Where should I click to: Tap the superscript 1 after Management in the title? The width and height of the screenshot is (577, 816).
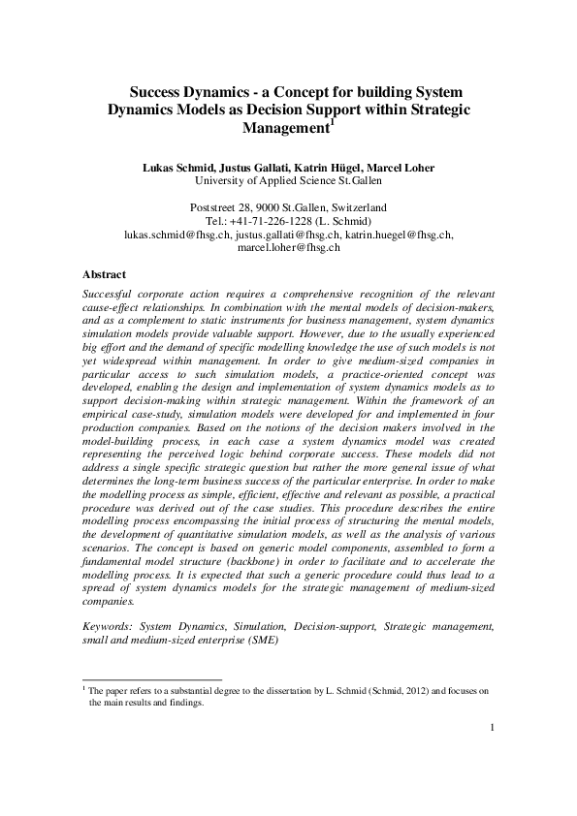(333, 121)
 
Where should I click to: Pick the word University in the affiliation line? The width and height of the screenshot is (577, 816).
(219, 180)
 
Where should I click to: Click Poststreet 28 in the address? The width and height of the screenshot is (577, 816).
(225, 207)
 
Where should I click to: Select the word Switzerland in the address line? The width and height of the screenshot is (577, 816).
(359, 207)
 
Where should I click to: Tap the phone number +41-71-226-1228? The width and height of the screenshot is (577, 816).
(281, 221)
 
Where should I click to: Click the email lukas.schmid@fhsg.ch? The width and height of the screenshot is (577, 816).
(177, 235)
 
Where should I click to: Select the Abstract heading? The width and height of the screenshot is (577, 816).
(104, 274)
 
